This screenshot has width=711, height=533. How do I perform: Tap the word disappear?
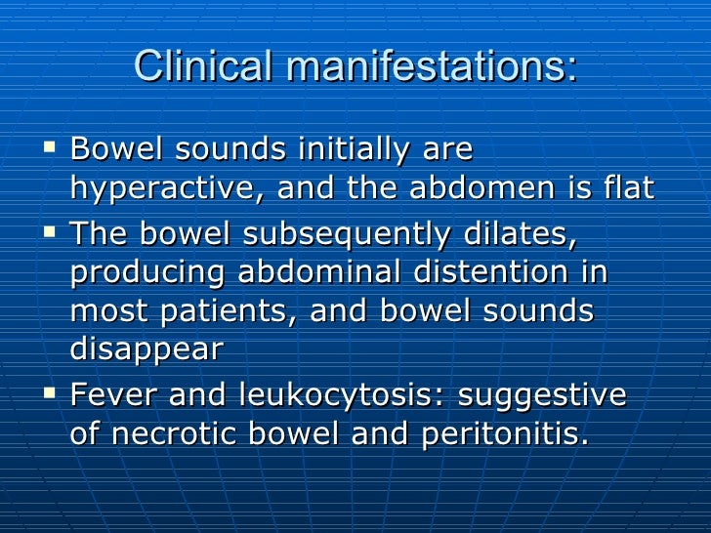tap(146, 350)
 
